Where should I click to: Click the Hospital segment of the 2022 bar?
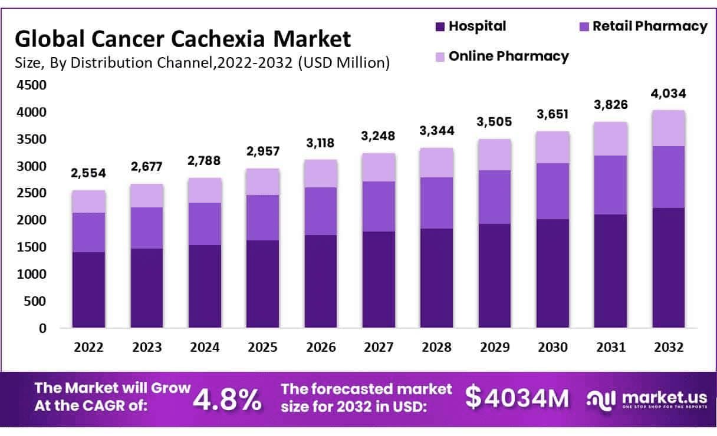88,290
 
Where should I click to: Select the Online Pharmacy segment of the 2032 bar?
668,128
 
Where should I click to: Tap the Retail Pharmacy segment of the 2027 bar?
379,206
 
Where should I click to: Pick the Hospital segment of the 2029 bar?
494,276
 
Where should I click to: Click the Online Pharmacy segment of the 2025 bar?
262,181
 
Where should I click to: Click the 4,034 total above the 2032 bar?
668,94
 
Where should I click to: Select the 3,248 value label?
379,137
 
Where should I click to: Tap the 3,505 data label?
494,122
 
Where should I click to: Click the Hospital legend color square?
440,27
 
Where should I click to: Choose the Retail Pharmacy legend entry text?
650,26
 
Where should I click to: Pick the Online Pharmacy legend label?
508,56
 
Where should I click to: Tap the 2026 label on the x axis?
320,348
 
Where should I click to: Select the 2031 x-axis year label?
610,348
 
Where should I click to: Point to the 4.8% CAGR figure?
228,399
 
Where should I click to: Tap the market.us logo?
647,399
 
